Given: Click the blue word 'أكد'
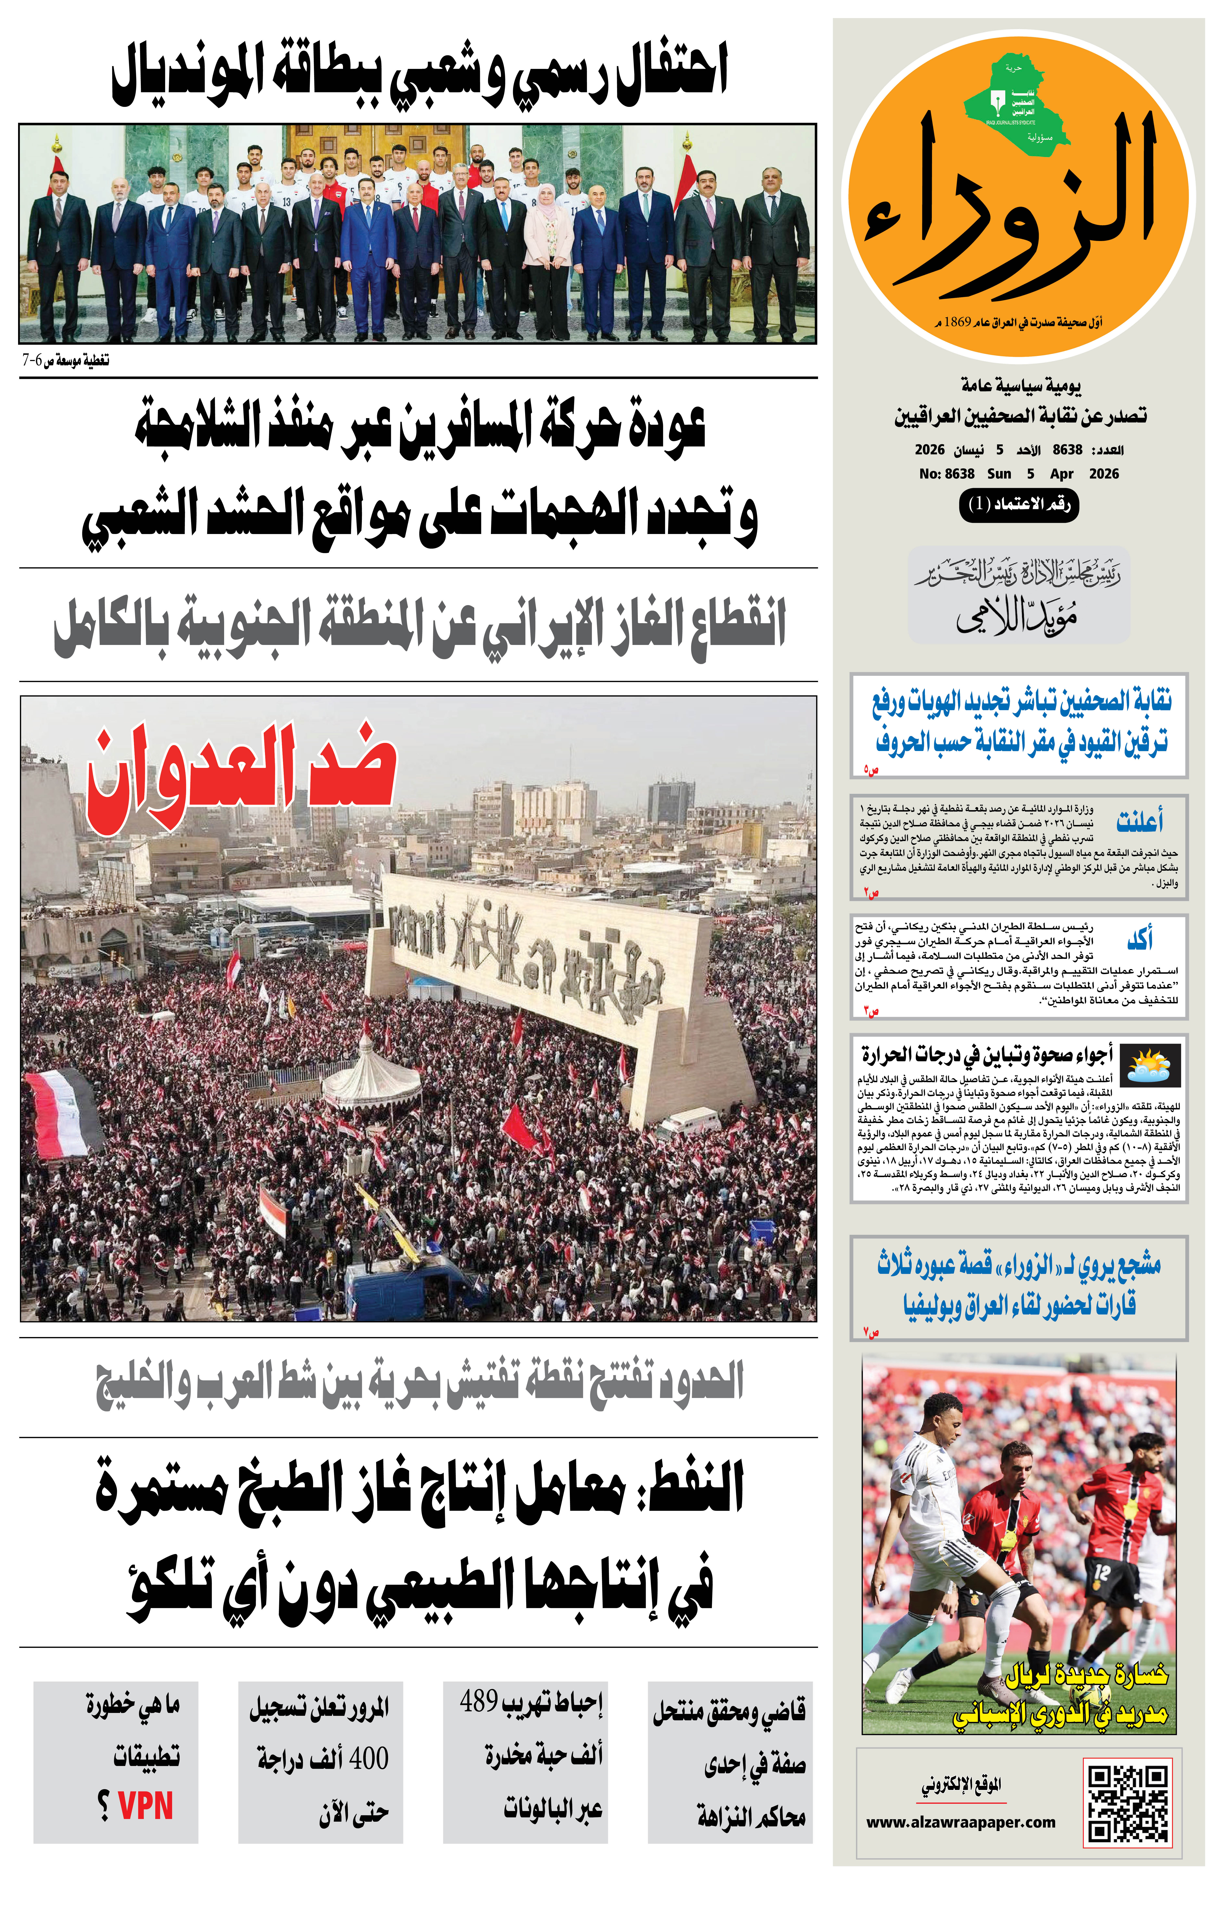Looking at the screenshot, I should pyautogui.click(x=1140, y=940).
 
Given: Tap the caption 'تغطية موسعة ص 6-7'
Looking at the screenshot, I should pyautogui.click(x=65, y=361).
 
